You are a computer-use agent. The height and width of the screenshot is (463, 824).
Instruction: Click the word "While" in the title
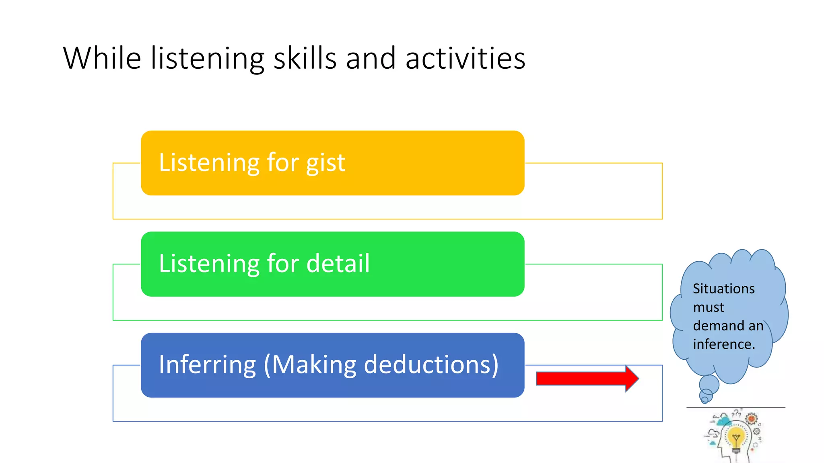[x=102, y=58]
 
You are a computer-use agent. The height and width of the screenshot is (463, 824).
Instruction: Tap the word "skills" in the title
[x=305, y=58]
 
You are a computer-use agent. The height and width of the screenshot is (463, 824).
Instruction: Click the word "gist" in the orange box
[x=325, y=163]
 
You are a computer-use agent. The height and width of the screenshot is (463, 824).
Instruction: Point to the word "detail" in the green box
[x=338, y=264]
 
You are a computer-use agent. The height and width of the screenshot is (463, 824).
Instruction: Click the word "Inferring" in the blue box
[x=207, y=365]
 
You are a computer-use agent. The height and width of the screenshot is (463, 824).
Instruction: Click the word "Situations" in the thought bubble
[x=723, y=289]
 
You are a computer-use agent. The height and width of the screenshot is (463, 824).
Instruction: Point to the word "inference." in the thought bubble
[x=724, y=344]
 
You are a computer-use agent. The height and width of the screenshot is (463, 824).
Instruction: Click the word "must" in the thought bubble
[x=709, y=307]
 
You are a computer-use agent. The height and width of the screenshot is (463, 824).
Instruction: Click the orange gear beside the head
[x=751, y=419]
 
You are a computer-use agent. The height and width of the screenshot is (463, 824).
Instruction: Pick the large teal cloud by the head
[x=724, y=421]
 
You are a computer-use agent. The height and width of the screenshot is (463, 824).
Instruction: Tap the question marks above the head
[x=737, y=413]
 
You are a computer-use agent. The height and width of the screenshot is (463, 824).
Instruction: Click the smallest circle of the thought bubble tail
[x=705, y=400]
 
